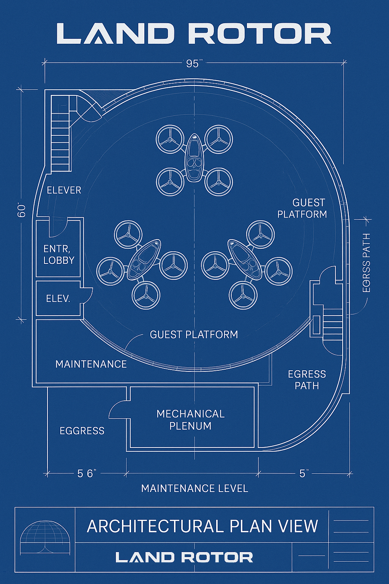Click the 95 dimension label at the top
tap(193, 63)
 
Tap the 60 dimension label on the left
tap(22, 210)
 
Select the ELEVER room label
tap(64, 190)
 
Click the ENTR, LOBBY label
tap(59, 254)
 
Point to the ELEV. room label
tap(58, 298)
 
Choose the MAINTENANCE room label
tap(91, 364)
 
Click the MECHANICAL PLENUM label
tap(191, 420)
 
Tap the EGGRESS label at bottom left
tap(82, 431)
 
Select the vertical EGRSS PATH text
tap(366, 263)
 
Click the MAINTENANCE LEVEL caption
tap(194, 489)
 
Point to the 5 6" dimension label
tap(87, 474)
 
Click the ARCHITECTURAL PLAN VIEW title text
tap(202, 527)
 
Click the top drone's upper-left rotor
tap(170, 140)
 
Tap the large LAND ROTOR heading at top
tap(194, 33)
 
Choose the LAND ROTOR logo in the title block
tap(184, 558)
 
